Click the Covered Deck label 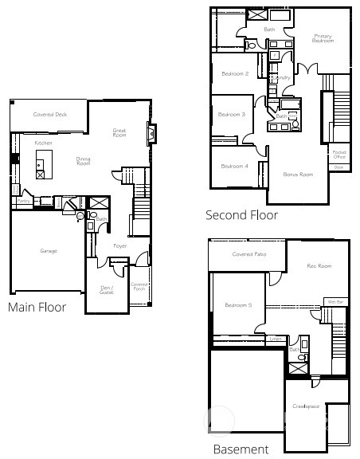(49, 115)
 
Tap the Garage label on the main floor (49, 251)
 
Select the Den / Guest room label (107, 290)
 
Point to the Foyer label (119, 246)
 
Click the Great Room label (119, 133)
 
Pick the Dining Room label (83, 161)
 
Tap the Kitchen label (43, 143)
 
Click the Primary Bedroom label (323, 37)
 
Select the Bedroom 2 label (236, 74)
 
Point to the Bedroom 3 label (233, 115)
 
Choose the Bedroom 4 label (234, 166)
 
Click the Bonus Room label (298, 174)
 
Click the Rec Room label (319, 266)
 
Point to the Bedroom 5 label (238, 305)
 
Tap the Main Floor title (37, 307)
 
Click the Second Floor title (241, 215)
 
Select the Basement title (241, 449)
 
